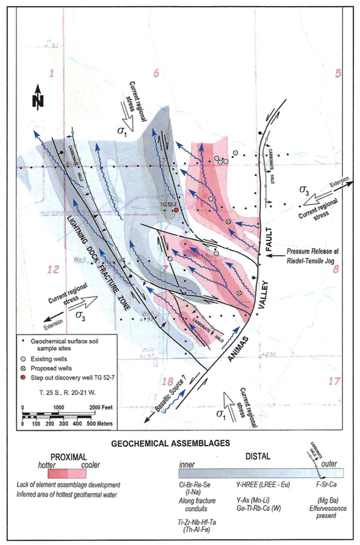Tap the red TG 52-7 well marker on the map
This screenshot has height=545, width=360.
click(x=177, y=211)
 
